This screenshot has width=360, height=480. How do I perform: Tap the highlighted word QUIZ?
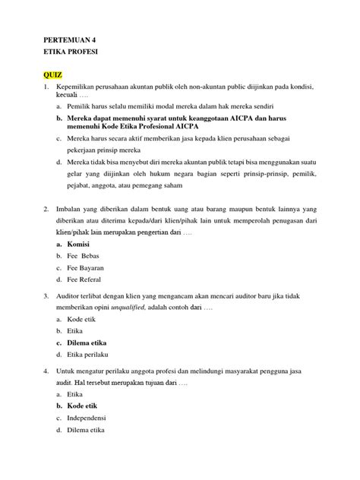click(52, 77)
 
